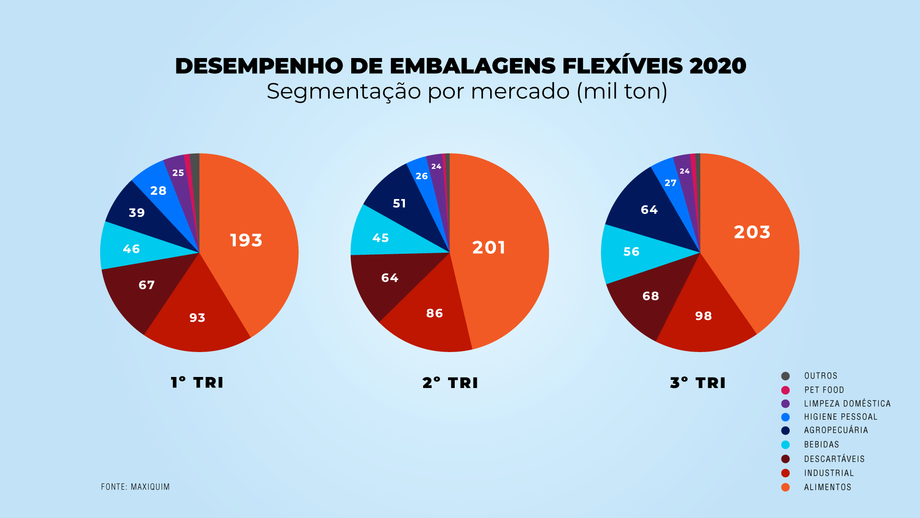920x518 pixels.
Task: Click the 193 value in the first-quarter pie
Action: click(246, 240)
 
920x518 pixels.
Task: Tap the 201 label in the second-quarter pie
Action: click(489, 247)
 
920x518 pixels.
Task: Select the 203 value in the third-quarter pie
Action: click(752, 232)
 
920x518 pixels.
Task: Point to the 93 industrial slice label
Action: click(197, 318)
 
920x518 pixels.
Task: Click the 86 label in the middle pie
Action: click(435, 313)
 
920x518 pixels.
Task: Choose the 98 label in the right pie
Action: click(703, 316)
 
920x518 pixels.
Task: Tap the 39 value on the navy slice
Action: click(137, 212)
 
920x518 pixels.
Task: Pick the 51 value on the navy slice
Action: click(400, 203)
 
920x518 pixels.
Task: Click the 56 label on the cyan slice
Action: click(632, 251)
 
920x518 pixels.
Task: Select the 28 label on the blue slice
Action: click(159, 190)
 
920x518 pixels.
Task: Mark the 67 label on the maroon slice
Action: click(147, 285)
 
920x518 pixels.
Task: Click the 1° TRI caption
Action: click(197, 383)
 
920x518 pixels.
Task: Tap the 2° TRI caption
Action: click(450, 383)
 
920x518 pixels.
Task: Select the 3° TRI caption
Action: click(698, 383)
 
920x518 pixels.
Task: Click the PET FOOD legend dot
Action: click(785, 390)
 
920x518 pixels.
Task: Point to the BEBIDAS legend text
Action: click(821, 445)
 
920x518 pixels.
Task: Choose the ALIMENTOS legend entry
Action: click(828, 487)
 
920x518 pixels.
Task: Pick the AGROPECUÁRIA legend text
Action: click(836, 430)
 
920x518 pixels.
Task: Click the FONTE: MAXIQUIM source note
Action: click(135, 487)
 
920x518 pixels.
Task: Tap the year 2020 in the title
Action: click(717, 66)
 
